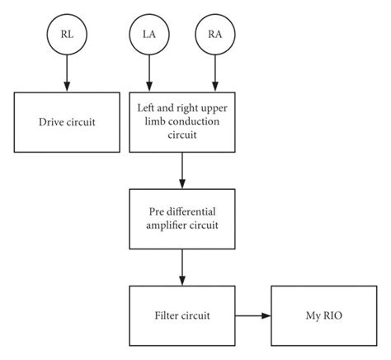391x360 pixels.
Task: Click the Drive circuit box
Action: click(67, 121)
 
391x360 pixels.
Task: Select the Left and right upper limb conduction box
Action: click(182, 121)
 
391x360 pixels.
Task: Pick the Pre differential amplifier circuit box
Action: click(182, 218)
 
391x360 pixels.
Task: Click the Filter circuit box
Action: click(182, 315)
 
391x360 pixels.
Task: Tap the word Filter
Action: click(167, 315)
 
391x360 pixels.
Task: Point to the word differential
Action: click(191, 211)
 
